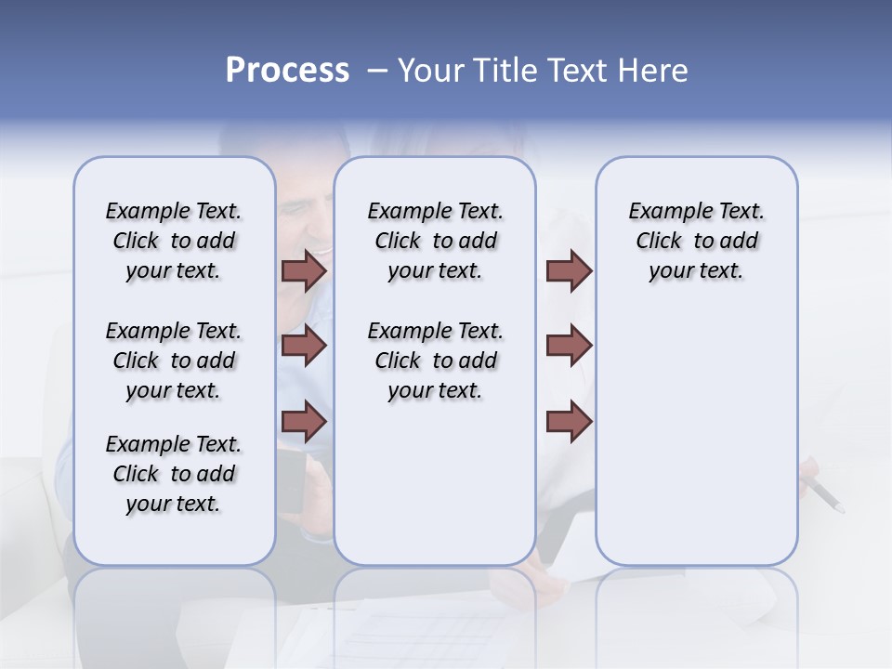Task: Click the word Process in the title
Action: pyautogui.click(x=287, y=71)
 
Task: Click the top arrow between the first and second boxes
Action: pyautogui.click(x=304, y=271)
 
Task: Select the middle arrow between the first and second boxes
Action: pyautogui.click(x=304, y=346)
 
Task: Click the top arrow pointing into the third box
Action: pyautogui.click(x=569, y=271)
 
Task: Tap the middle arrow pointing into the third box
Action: pyautogui.click(x=569, y=346)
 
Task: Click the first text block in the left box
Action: pyautogui.click(x=174, y=241)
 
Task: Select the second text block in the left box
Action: pyautogui.click(x=174, y=361)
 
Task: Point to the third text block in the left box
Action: pyautogui.click(x=174, y=474)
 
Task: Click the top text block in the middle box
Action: pyautogui.click(x=435, y=241)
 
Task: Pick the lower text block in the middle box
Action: pyautogui.click(x=435, y=361)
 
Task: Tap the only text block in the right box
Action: pyautogui.click(x=696, y=241)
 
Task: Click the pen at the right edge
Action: pyautogui.click(x=824, y=494)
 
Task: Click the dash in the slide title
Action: pyautogui.click(x=377, y=71)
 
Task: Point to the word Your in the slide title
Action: pyautogui.click(x=430, y=71)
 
